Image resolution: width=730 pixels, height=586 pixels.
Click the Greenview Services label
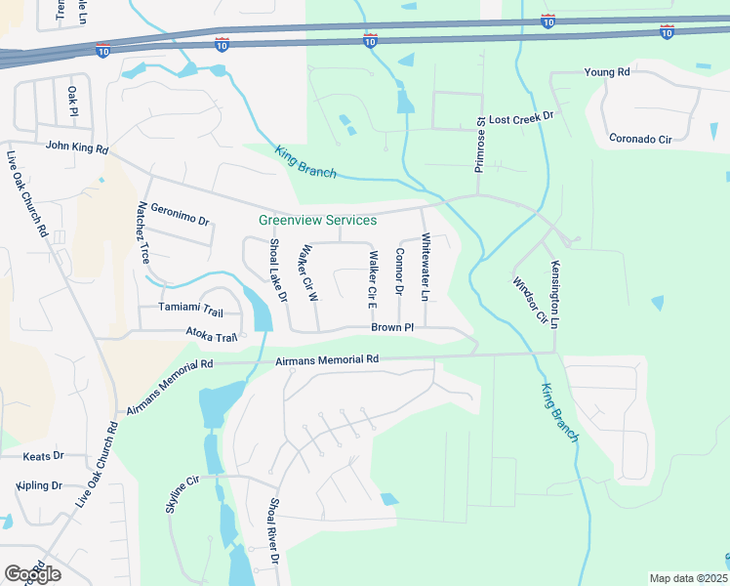click(317, 220)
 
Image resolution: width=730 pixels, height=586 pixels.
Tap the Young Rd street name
click(607, 72)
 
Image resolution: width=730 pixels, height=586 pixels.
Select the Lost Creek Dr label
click(521, 116)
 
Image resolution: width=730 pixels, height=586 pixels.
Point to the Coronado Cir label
click(640, 139)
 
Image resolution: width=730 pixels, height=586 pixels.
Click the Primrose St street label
click(480, 146)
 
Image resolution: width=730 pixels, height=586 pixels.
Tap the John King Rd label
click(76, 146)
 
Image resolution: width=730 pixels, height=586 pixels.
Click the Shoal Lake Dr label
click(277, 269)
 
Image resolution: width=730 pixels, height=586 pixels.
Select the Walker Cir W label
click(311, 272)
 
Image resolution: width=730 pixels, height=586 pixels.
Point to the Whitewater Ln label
click(426, 267)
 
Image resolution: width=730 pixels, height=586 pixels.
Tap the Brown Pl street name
click(393, 327)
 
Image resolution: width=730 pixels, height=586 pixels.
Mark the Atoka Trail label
click(212, 338)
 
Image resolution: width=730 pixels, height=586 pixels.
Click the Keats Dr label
click(44, 455)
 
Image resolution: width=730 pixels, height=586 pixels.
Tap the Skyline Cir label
click(181, 495)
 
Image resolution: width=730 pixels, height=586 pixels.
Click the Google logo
click(32, 574)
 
